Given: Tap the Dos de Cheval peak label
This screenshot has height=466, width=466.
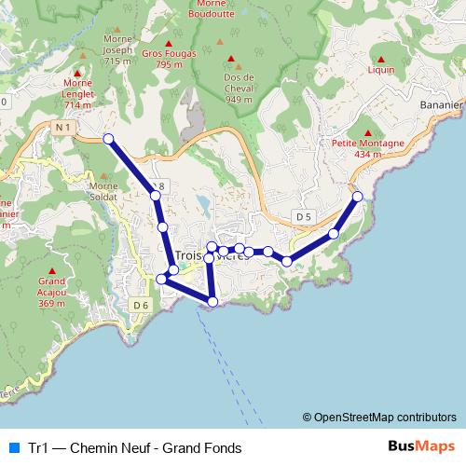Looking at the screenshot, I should [240, 93].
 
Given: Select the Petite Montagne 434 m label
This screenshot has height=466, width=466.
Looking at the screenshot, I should [368, 149].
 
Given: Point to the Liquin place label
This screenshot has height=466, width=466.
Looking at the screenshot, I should [381, 70].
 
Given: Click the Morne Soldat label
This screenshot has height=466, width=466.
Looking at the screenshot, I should [103, 191].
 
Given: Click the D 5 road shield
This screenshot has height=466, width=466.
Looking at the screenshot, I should [302, 216].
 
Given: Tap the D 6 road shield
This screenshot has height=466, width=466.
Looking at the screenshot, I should [141, 305].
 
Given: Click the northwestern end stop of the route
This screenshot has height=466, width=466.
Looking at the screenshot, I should [108, 139].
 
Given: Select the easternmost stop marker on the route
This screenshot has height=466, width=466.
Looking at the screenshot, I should [357, 197].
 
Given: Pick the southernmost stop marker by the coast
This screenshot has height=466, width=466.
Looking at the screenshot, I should [212, 301].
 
